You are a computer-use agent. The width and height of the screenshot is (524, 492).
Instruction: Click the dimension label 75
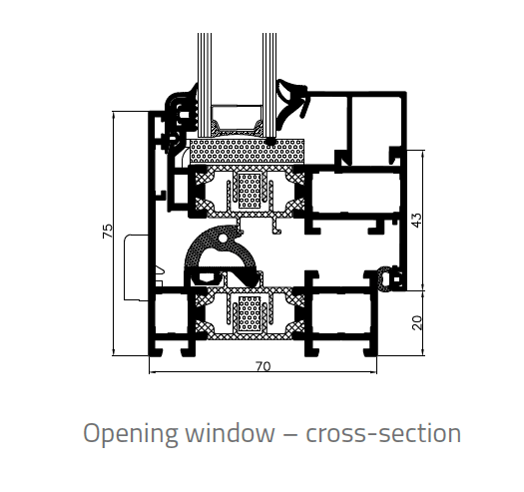(x=107, y=231)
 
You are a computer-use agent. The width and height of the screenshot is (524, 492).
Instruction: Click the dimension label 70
(x=263, y=366)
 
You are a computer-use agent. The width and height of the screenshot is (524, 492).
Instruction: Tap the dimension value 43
(x=417, y=220)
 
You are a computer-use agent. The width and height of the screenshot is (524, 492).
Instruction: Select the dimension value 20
(x=417, y=323)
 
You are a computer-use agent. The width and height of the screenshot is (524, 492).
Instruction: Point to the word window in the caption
(x=230, y=432)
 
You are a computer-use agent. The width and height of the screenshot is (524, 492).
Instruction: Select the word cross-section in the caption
(x=383, y=433)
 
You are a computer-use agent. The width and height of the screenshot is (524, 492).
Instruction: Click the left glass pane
(x=205, y=85)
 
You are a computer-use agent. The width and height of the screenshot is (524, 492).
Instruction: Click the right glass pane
(x=269, y=85)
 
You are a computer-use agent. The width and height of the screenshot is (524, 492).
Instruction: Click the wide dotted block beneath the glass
(x=247, y=152)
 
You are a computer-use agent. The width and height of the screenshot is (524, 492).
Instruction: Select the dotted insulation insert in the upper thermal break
(x=250, y=191)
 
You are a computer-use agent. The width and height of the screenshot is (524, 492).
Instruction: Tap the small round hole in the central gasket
(x=222, y=239)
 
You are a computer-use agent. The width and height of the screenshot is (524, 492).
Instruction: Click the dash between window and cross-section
(x=290, y=434)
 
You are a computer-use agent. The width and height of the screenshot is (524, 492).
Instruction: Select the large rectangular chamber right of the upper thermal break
(x=355, y=193)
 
